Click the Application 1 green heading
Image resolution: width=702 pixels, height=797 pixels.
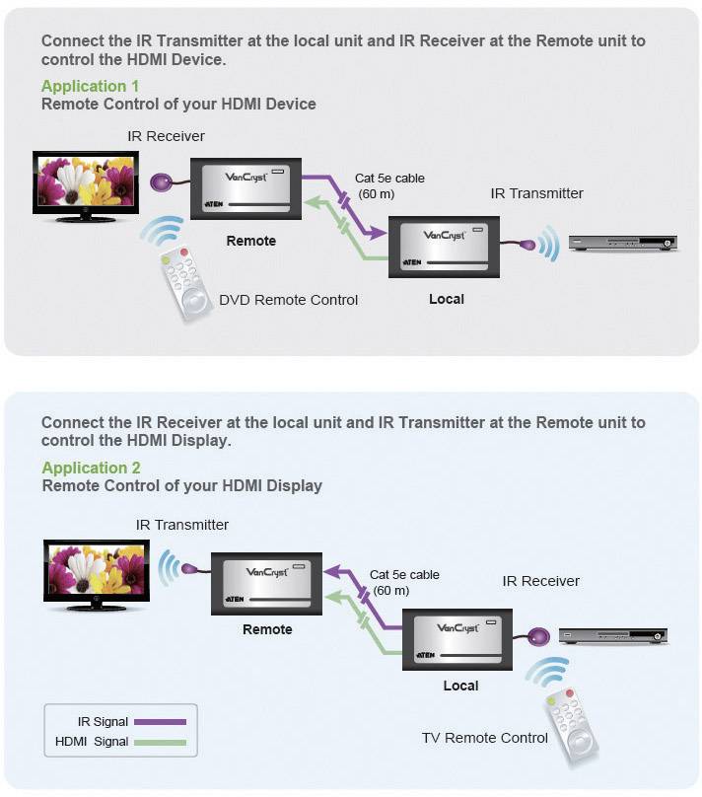[x=90, y=86]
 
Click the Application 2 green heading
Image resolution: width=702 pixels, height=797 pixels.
[x=91, y=468]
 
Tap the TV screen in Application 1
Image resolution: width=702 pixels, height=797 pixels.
[x=85, y=183]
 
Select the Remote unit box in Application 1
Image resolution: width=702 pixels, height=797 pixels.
[x=246, y=190]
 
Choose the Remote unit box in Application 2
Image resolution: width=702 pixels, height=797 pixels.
[x=267, y=583]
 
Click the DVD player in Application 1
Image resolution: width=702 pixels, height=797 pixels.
[x=625, y=243]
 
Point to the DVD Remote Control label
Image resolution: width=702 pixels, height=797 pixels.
[x=288, y=300]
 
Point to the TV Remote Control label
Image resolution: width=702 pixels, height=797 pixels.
[x=484, y=738]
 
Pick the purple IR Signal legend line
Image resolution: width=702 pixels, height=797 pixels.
[x=159, y=722]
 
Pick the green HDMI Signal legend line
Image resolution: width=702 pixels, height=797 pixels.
[x=159, y=742]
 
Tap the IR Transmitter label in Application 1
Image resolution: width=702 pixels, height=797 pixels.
[x=536, y=193]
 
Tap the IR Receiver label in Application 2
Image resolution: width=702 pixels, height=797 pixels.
[x=540, y=581]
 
